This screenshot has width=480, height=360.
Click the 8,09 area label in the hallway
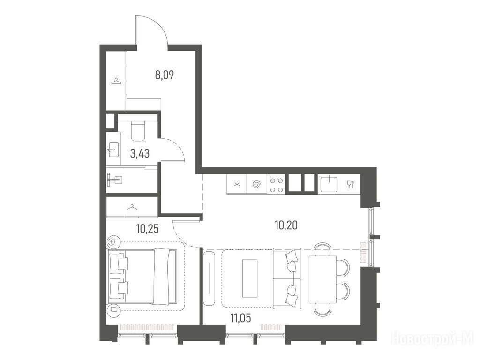coord(165,75)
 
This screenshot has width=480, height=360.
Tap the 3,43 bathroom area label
coord(140,153)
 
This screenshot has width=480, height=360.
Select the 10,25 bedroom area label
coord(148,228)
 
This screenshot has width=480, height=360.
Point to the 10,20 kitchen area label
coord(286,225)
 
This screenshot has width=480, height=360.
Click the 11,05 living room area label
coord(240,318)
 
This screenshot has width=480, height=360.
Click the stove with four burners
coord(277,184)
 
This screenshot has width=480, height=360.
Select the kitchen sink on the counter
coord(329,184)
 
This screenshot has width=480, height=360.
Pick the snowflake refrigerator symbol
coord(237,184)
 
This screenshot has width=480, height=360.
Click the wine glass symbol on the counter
coord(351,184)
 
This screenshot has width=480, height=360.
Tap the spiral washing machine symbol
coord(257,184)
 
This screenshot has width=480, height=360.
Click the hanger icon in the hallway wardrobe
coord(116,81)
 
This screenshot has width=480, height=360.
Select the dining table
coord(322,279)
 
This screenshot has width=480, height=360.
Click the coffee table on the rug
coord(250,278)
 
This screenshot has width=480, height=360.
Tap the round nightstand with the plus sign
coord(112,241)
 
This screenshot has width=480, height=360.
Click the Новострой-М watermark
coord(435,338)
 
